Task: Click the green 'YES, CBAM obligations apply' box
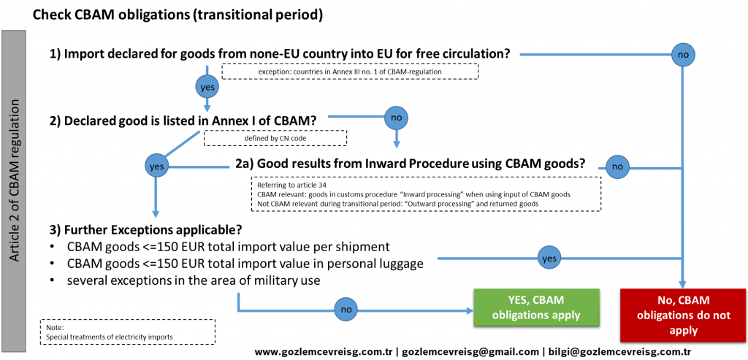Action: (x=535, y=307)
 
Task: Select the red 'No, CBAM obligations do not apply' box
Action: (x=683, y=315)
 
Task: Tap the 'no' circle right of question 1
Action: (x=683, y=54)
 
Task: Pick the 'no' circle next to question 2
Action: (x=396, y=116)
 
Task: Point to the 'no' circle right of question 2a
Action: (x=617, y=167)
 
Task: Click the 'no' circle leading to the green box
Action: (x=346, y=310)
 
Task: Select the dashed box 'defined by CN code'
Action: (x=275, y=138)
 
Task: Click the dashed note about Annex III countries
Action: (x=350, y=72)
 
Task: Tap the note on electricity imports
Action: (x=128, y=332)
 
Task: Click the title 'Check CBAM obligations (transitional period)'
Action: (x=178, y=15)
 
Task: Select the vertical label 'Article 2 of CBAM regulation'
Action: (x=15, y=181)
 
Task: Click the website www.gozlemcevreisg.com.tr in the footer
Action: (x=324, y=352)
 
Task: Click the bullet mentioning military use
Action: (x=185, y=281)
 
